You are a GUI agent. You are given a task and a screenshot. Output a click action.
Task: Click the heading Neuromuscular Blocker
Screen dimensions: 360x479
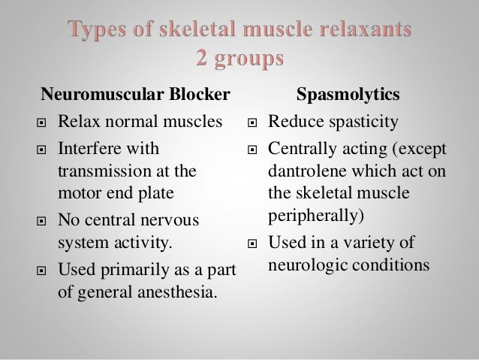[x=135, y=96]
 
